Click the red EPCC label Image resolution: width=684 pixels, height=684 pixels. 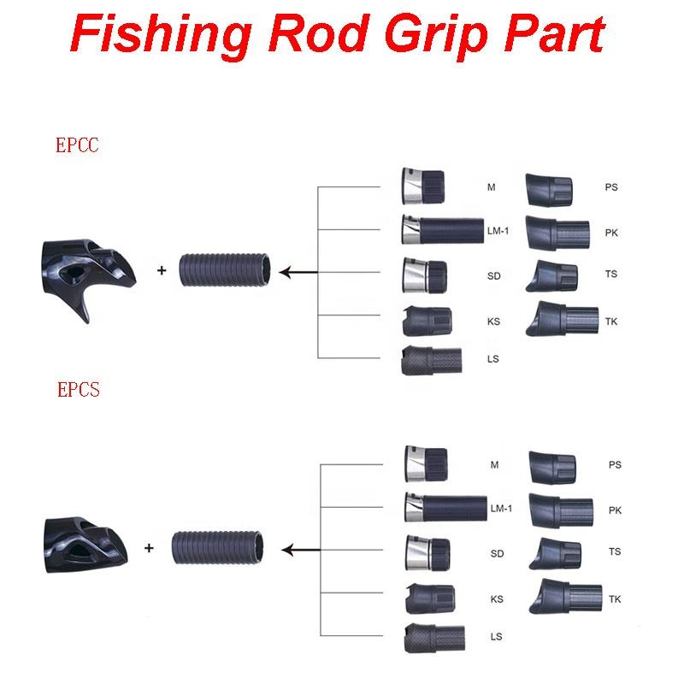click(x=77, y=145)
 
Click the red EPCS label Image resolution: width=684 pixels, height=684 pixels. click(x=78, y=390)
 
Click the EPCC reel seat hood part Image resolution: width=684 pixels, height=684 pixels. click(x=83, y=271)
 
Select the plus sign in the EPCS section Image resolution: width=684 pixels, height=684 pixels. click(x=149, y=547)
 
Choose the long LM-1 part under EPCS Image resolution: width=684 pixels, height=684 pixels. click(x=445, y=507)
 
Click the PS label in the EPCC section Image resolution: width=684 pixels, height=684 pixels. click(x=610, y=187)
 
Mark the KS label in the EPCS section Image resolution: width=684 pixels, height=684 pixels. click(x=497, y=598)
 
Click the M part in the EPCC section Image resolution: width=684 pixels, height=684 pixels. click(x=425, y=186)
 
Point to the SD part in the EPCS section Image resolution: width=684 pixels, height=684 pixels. click(x=427, y=552)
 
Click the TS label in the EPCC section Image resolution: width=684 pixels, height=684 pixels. click(x=610, y=274)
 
